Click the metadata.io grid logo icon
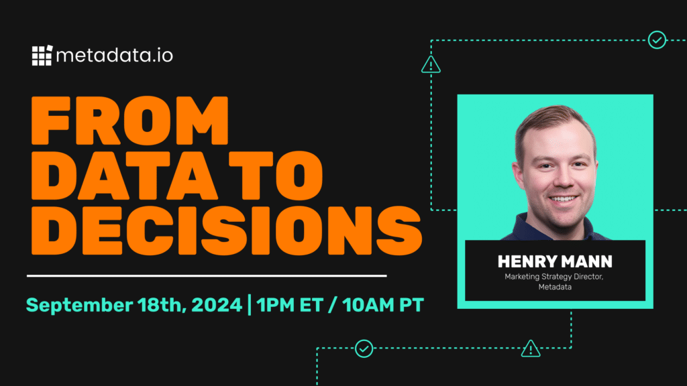[42, 56]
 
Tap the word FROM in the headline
[130, 121]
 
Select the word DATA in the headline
[124, 176]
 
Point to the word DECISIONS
[227, 231]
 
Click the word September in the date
[79, 306]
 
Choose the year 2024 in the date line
[217, 305]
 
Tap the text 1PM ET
[290, 305]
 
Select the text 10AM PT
[383, 305]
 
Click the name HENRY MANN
[555, 262]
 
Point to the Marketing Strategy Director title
[553, 277]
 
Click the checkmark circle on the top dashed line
[657, 40]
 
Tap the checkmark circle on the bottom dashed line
[364, 348]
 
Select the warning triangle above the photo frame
[431, 65]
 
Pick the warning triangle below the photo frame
[531, 348]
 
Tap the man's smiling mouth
[564, 199]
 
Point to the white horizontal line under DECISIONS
[207, 275]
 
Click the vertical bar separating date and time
[250, 305]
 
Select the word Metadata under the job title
[555, 287]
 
